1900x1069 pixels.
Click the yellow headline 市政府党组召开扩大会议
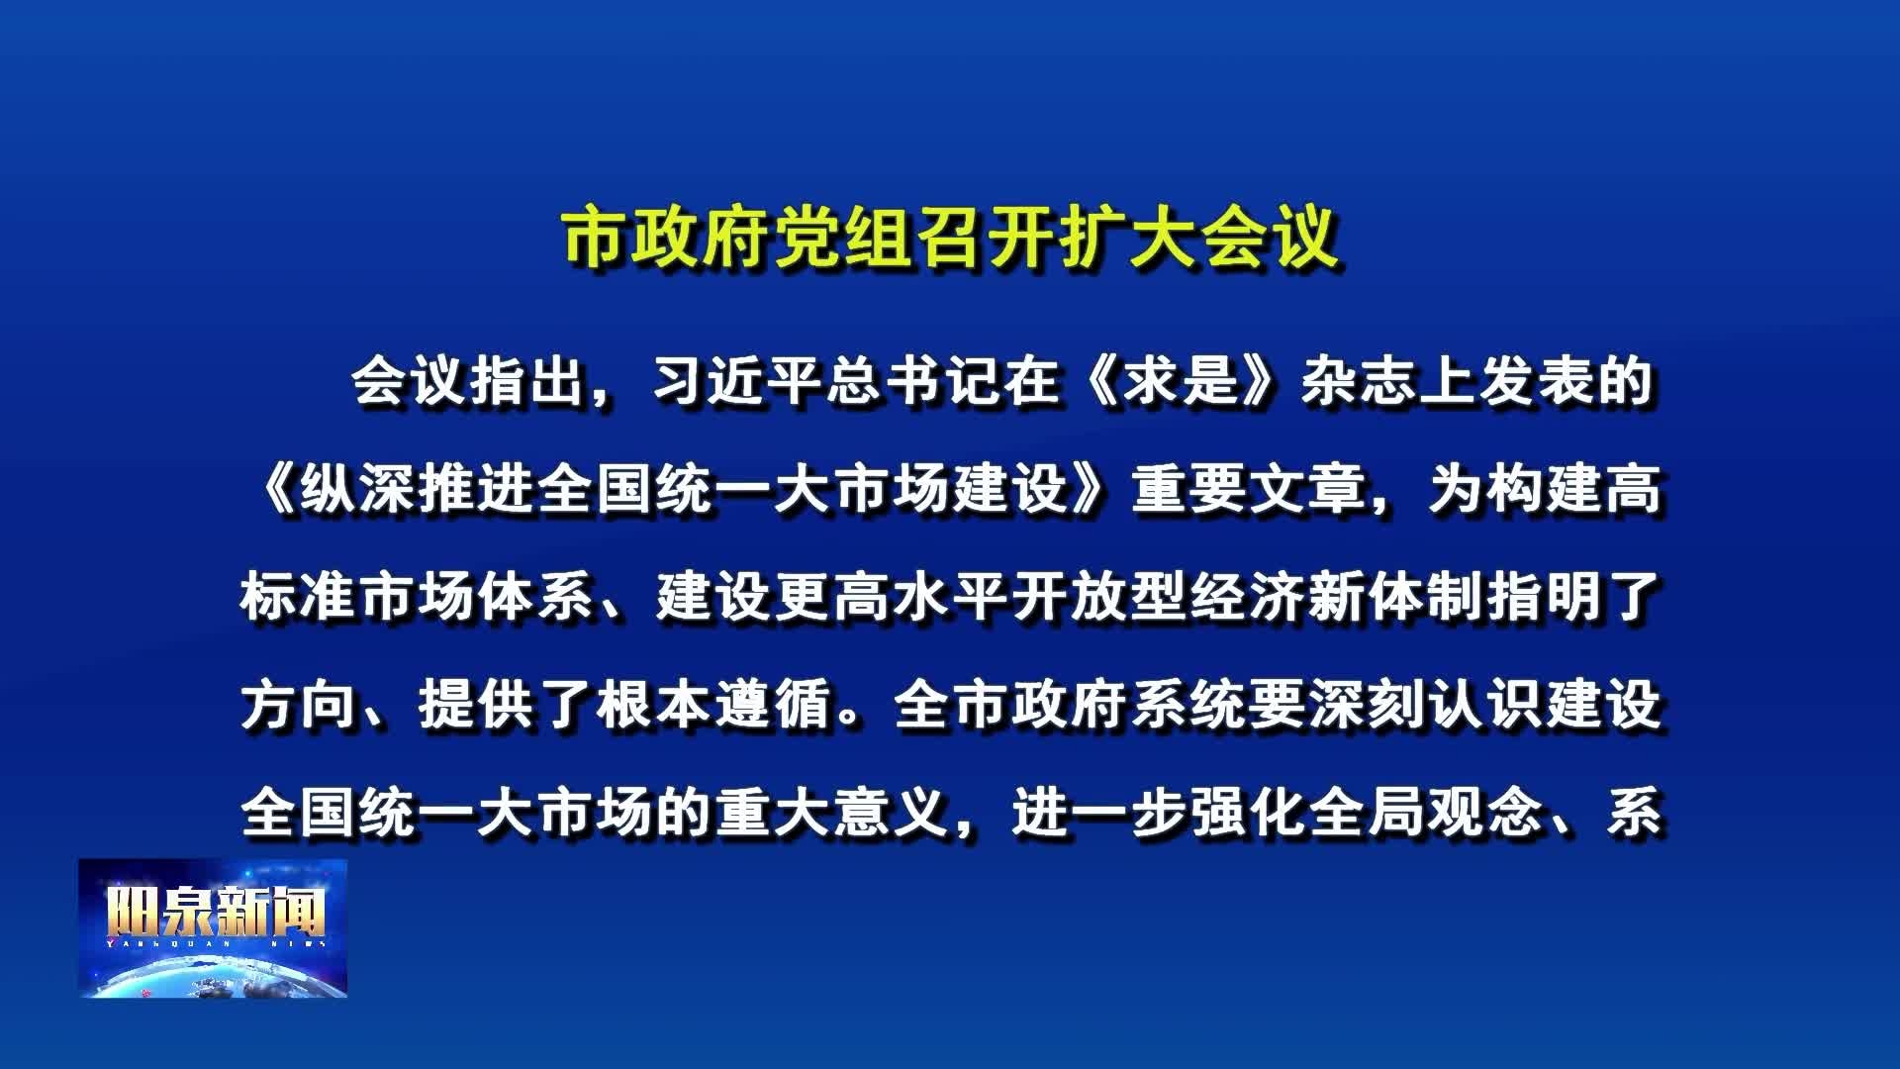coord(951,237)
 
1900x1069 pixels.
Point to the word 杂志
coord(1359,382)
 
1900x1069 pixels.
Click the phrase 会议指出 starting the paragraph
coord(468,382)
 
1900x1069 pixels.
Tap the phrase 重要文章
coord(1249,490)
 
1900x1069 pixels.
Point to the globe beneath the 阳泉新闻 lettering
coord(213,975)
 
